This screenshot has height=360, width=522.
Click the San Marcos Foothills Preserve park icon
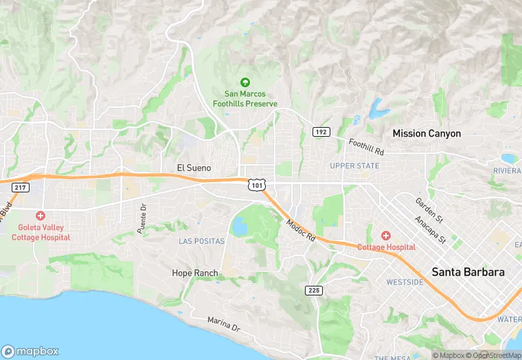pyautogui.click(x=245, y=82)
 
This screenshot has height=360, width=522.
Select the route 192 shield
pyautogui.click(x=320, y=131)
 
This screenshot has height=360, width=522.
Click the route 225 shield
pyautogui.click(x=313, y=291)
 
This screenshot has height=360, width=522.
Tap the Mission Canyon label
pyautogui.click(x=426, y=133)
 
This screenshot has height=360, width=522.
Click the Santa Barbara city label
pyautogui.click(x=468, y=272)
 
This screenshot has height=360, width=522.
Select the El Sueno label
pyautogui.click(x=194, y=168)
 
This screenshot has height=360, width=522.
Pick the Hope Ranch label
pyautogui.click(x=194, y=273)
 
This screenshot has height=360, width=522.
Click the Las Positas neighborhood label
pyautogui.click(x=201, y=241)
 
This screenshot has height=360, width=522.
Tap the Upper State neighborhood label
pyautogui.click(x=354, y=166)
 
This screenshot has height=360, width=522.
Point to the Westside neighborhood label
pyautogui.click(x=405, y=282)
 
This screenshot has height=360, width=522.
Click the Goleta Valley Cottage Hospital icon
pyautogui.click(x=41, y=216)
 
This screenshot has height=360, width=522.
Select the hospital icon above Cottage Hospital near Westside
pyautogui.click(x=385, y=236)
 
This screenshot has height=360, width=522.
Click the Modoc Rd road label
pyautogui.click(x=300, y=230)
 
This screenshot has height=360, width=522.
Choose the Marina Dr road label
pyautogui.click(x=223, y=324)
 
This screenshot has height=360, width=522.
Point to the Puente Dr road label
pyautogui.click(x=142, y=218)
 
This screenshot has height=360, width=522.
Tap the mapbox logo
pyautogui.click(x=30, y=350)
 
